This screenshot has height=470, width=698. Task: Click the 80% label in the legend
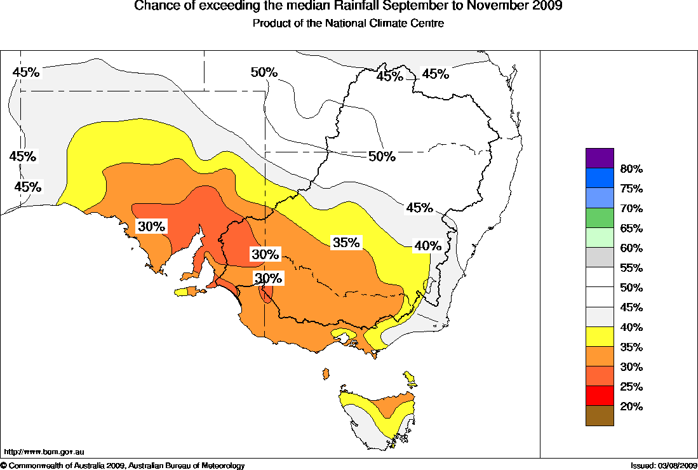click(631, 169)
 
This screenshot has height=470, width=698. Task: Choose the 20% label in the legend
click(631, 406)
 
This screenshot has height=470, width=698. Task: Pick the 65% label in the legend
click(631, 228)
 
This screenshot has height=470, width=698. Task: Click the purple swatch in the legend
click(600, 158)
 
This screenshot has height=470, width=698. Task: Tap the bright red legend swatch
click(600, 395)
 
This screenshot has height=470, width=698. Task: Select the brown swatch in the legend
click(600, 415)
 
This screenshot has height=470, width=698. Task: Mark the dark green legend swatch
click(600, 217)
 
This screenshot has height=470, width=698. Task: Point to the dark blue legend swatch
click(600, 177)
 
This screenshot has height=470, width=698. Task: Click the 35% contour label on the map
click(346, 242)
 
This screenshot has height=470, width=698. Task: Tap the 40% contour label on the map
click(427, 245)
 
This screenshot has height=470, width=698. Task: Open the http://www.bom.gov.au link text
click(44, 452)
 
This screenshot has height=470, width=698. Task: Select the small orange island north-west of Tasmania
click(326, 373)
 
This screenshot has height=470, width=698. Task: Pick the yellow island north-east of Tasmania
click(410, 380)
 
